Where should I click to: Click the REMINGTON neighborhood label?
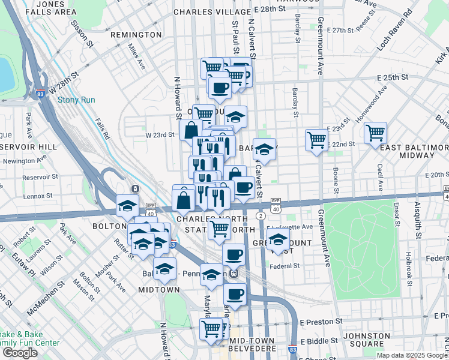tap(137, 35)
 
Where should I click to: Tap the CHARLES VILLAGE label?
tap(202, 11)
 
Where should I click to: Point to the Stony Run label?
tap(73, 100)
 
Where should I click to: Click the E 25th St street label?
tap(393, 77)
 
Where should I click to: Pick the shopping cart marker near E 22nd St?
tap(316, 140)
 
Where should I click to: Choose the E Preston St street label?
tap(321, 322)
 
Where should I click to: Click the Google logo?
tap(20, 353)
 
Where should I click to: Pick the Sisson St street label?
tap(83, 35)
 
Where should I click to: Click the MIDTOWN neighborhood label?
tap(159, 290)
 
